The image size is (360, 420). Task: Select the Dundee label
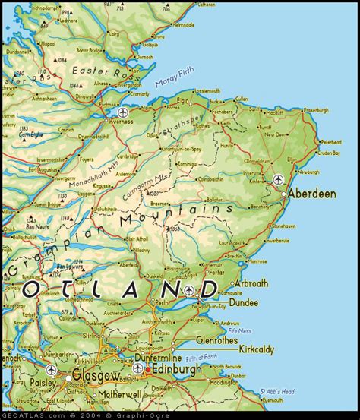click(x=242, y=302)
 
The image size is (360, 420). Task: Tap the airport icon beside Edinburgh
click(x=137, y=368)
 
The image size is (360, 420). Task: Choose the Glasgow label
click(x=96, y=376)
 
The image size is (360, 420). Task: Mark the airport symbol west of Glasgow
click(x=51, y=370)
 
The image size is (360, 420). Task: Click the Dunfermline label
click(x=159, y=357)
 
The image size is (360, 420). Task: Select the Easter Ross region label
click(x=96, y=71)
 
